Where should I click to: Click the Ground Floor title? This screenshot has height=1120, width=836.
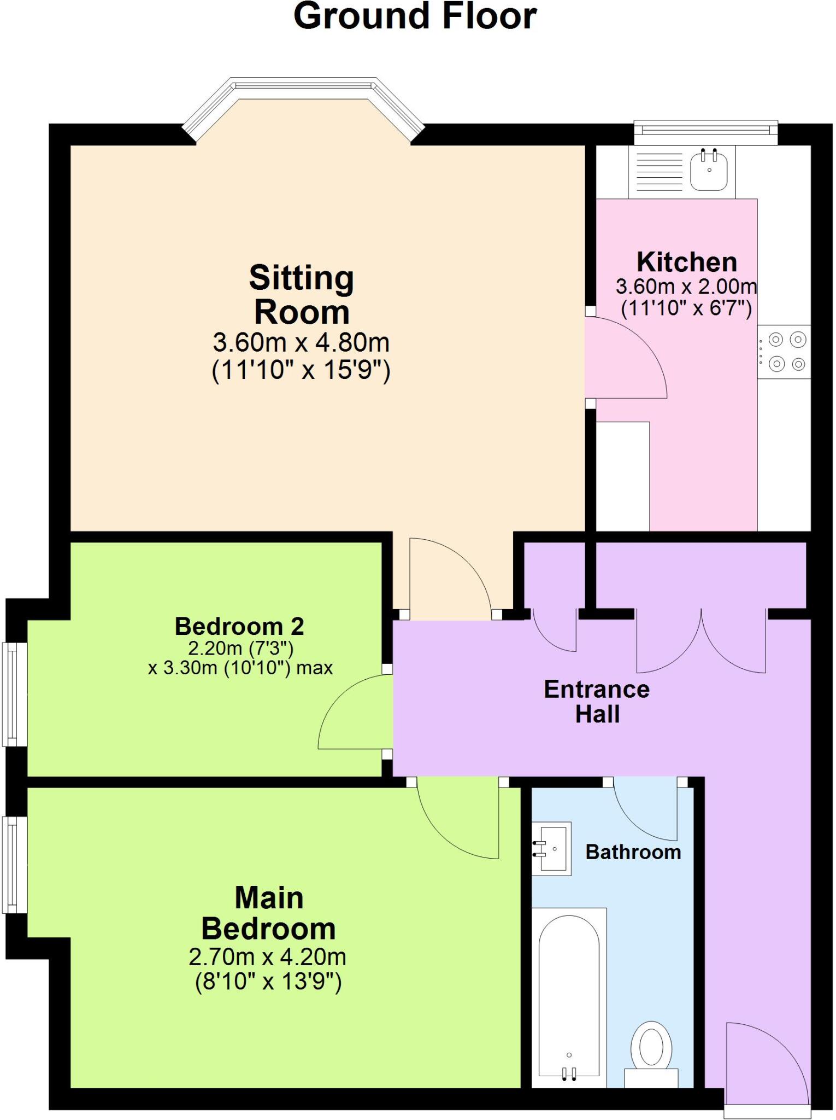(415, 16)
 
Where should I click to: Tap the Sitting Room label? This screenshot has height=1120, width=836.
(301, 295)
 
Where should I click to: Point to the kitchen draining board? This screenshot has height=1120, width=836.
(660, 172)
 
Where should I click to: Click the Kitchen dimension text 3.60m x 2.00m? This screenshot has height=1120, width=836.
(686, 286)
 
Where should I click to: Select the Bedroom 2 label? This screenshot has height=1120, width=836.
(239, 627)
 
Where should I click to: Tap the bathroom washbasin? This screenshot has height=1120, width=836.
(553, 849)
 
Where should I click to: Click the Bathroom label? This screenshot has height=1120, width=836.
(633, 852)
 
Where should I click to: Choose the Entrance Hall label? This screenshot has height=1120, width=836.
(597, 702)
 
